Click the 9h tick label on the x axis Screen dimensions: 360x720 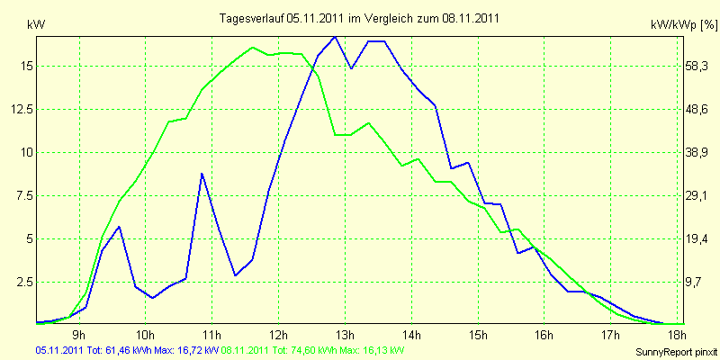click(x=79, y=337)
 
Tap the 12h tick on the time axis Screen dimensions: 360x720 click(x=279, y=337)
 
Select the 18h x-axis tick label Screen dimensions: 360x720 click(x=678, y=337)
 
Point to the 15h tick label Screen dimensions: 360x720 click(x=478, y=337)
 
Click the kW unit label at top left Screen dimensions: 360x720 click(x=37, y=25)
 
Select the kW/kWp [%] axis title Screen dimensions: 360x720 click(x=683, y=27)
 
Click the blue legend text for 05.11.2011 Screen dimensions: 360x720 click(x=127, y=350)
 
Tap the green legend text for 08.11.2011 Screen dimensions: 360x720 click(x=312, y=350)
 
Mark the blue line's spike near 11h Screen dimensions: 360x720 click(x=202, y=173)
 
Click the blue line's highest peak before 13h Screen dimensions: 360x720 click(x=335, y=37)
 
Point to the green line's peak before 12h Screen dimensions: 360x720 click(x=253, y=48)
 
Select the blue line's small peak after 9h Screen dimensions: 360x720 click(x=119, y=227)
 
